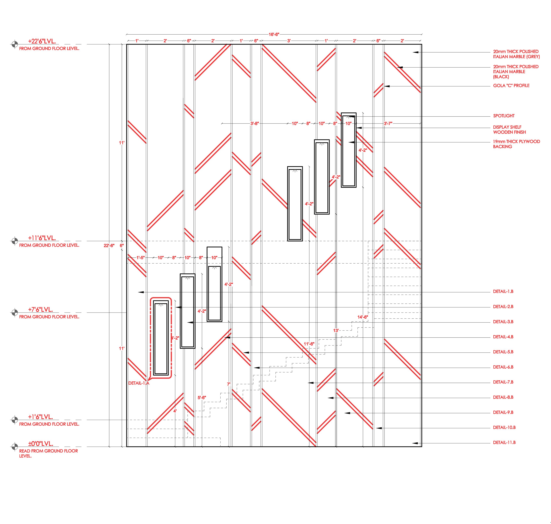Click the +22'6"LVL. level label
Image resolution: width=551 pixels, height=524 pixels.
tap(42, 41)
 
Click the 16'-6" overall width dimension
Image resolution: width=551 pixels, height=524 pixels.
tap(274, 34)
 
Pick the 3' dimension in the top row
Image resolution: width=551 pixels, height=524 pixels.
tap(289, 41)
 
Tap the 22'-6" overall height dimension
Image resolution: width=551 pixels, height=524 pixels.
tap(109, 246)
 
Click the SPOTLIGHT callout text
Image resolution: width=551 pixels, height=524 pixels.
tap(503, 116)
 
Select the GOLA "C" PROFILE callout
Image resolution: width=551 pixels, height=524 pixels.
tap(511, 86)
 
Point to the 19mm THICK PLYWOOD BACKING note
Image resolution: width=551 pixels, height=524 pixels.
tap(516, 144)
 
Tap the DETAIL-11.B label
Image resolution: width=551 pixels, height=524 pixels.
tap(504, 442)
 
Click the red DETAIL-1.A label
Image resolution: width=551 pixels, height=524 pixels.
tap(139, 383)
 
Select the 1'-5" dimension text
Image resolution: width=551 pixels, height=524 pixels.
tap(141, 258)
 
